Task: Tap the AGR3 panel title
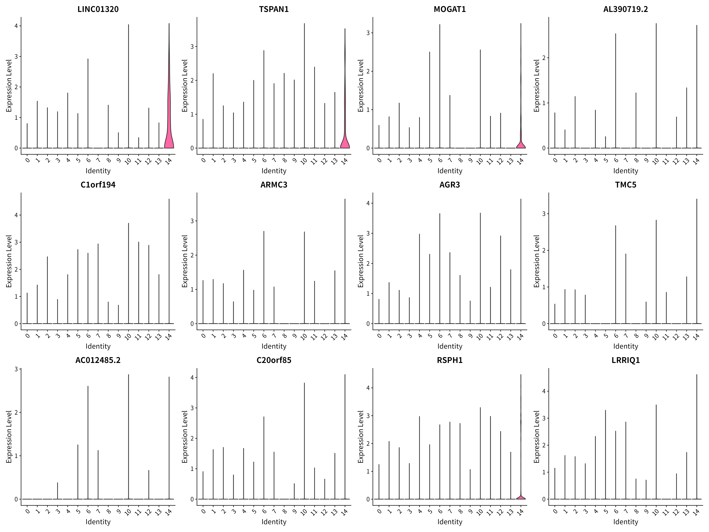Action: tap(450, 185)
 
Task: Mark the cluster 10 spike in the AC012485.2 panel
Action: tap(129, 437)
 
